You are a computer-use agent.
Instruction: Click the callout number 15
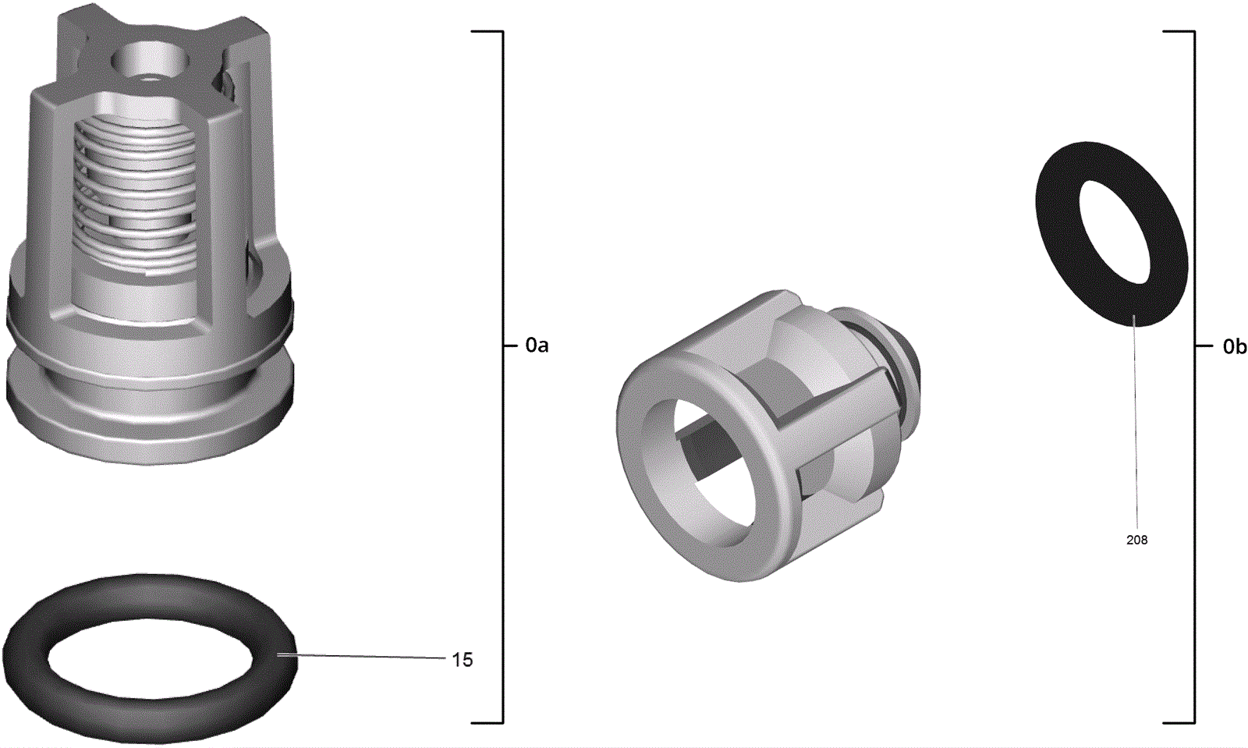(x=462, y=660)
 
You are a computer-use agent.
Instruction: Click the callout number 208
(x=1136, y=540)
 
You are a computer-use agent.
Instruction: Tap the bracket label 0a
(x=537, y=346)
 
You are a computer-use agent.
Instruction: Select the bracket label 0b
(x=1235, y=347)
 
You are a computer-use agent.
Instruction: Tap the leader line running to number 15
(x=361, y=657)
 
